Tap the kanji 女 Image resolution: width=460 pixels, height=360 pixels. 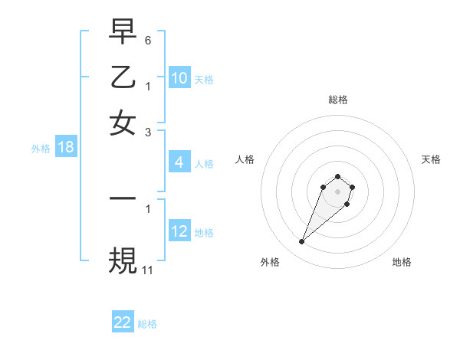tap(123, 123)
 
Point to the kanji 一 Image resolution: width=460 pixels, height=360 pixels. tap(123, 198)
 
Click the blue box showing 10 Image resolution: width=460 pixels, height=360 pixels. tap(179, 78)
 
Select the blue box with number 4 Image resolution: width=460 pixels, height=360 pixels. tap(179, 162)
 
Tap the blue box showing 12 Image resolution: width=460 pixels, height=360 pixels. tap(179, 231)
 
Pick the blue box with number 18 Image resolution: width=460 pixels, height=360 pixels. tap(66, 148)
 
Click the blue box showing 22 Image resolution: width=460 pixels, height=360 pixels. tap(123, 322)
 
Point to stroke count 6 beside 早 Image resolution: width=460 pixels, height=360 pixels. tap(148, 39)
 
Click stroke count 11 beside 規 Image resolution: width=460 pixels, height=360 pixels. tap(148, 270)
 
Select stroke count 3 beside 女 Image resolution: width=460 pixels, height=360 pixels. tap(148, 132)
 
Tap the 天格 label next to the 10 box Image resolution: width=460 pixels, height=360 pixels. tap(204, 80)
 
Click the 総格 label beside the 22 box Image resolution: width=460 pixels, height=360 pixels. tap(147, 324)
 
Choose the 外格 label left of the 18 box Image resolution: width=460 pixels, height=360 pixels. tap(41, 149)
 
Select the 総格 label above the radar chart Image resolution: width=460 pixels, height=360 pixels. tap(337, 100)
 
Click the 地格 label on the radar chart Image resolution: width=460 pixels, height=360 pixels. tap(402, 262)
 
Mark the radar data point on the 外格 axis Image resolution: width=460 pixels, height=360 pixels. tap(302, 242)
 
